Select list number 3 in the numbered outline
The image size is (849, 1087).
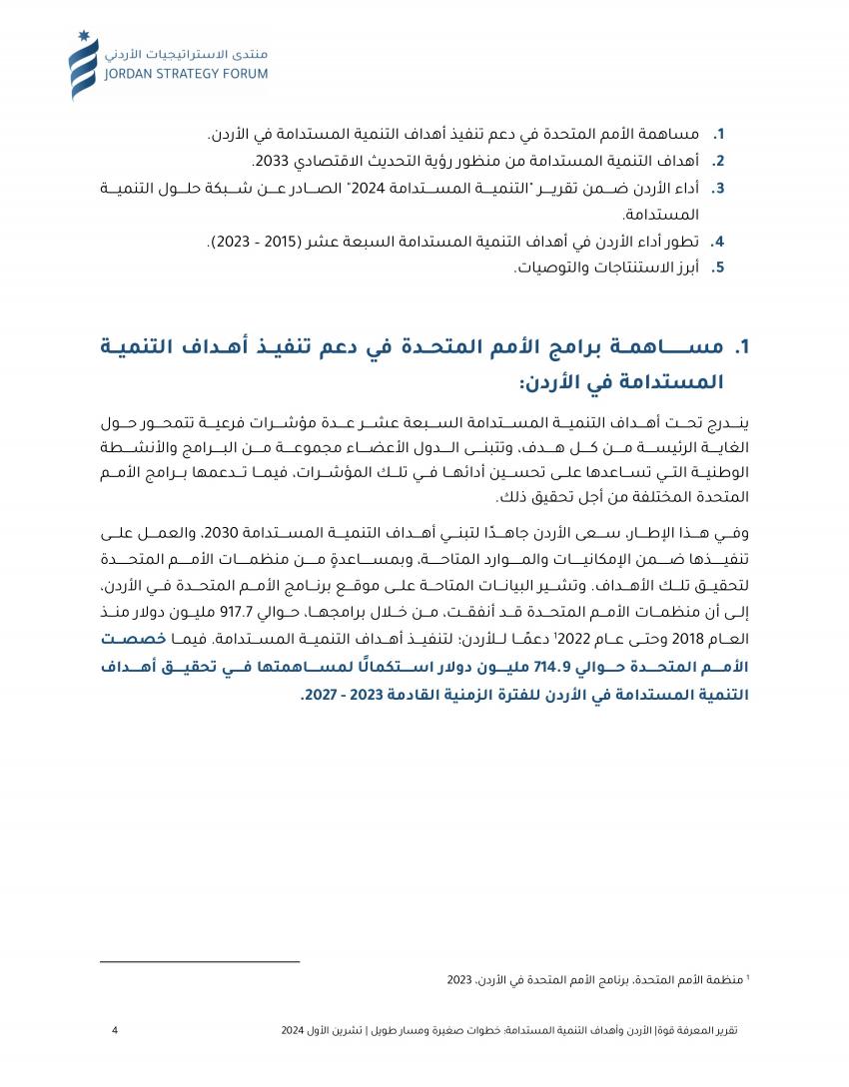click(x=717, y=188)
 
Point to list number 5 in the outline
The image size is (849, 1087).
click(x=717, y=268)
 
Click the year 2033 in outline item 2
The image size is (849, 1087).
click(x=270, y=161)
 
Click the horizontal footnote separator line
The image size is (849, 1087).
click(x=200, y=961)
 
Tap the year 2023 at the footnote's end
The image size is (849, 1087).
click(x=460, y=981)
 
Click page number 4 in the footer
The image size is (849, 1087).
click(x=115, y=1029)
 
